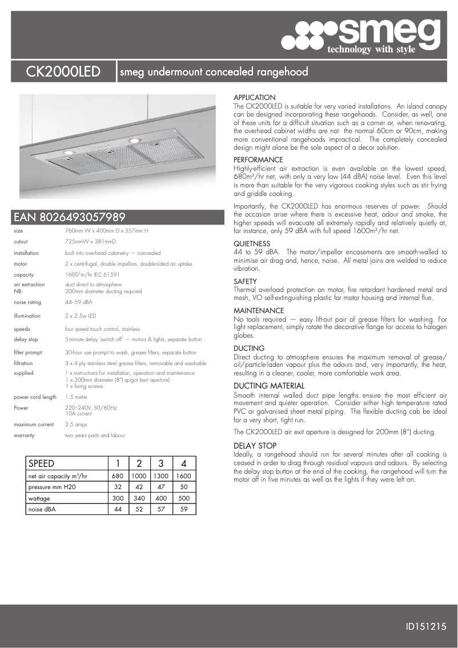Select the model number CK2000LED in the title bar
63,72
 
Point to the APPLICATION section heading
255,98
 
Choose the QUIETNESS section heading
252,244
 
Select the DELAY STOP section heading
255,446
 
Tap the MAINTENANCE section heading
259,310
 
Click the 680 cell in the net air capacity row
118,476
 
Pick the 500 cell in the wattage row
183,498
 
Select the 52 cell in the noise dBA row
139,509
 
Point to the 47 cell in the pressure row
161,487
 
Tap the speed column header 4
183,463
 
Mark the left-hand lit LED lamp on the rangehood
67,153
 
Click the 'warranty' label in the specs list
24,435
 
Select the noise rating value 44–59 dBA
79,302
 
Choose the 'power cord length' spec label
35,397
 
